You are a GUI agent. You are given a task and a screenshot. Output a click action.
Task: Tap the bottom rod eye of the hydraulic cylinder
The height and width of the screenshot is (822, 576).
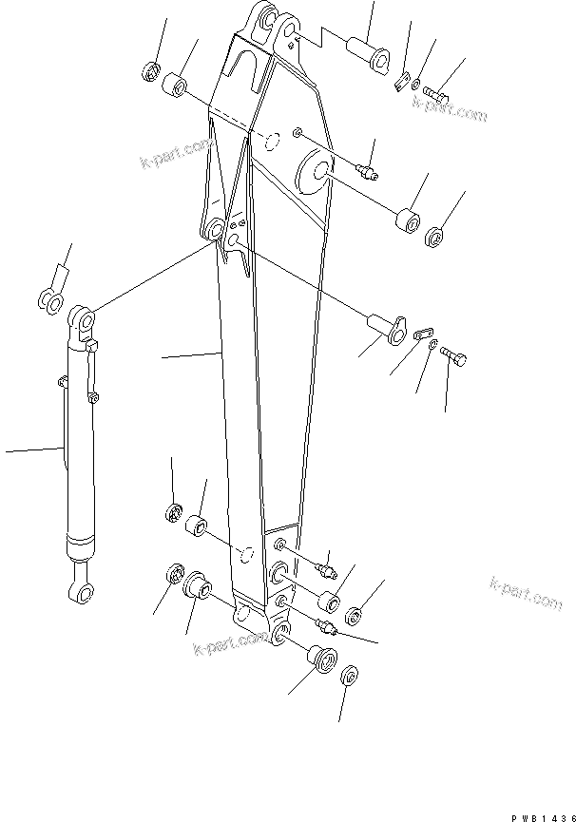[x=81, y=595]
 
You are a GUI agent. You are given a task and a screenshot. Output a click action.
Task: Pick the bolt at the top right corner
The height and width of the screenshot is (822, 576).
[x=438, y=94]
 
